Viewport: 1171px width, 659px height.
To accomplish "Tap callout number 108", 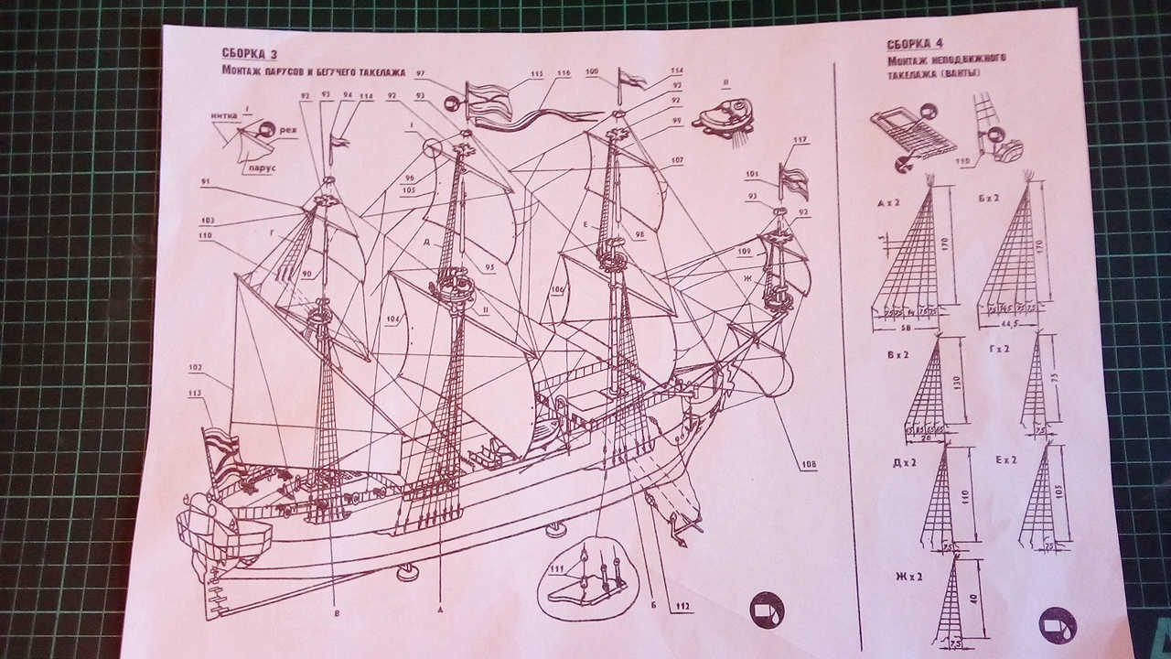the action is (808, 464).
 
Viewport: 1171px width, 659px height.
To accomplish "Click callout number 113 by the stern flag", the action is (193, 395).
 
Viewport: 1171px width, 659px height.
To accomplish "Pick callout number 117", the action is (800, 140).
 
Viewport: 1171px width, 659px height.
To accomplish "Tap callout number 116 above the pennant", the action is (564, 72).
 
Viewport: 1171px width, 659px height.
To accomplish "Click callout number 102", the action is (195, 368).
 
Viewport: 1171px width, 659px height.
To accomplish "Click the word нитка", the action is (224, 115).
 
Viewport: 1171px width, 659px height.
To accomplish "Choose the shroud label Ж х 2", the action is (909, 577).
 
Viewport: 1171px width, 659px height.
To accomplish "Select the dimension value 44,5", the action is (1011, 324).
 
